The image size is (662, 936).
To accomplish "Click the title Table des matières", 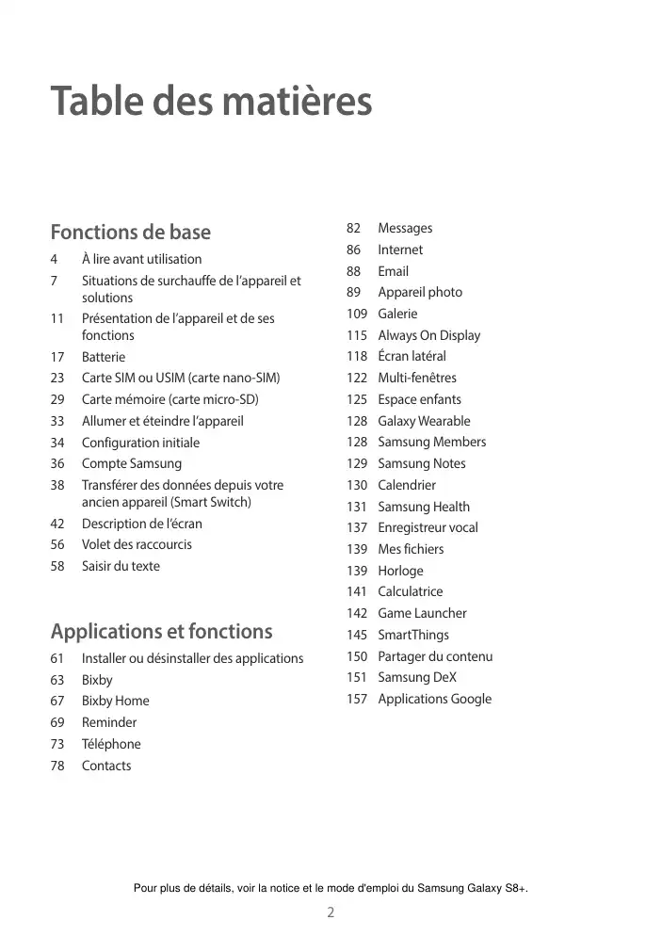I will [211, 102].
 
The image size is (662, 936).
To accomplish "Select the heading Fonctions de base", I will [130, 232].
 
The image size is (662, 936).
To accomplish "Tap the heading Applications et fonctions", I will [161, 631].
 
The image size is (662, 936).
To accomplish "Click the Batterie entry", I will [103, 357].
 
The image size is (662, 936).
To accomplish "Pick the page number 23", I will [57, 379].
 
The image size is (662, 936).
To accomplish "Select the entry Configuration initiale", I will [140, 443].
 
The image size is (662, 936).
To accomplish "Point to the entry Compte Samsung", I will [132, 463].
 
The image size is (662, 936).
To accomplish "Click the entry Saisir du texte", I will [121, 566].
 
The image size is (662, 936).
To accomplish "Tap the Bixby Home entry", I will [115, 701].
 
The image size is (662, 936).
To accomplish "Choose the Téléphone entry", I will [111, 744].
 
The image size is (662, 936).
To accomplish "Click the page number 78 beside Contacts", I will [57, 766].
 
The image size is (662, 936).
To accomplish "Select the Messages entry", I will [405, 228].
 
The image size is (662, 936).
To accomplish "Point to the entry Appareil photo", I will [420, 292].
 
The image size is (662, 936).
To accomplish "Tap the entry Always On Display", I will [428, 335].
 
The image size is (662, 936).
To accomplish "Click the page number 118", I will [356, 356].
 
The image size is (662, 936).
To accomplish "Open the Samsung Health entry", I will [424, 507].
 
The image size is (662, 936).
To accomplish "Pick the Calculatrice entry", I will [410, 591].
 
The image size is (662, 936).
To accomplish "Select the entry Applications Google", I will [434, 699].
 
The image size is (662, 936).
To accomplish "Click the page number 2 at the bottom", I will [331, 912].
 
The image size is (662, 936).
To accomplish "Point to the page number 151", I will [356, 677].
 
